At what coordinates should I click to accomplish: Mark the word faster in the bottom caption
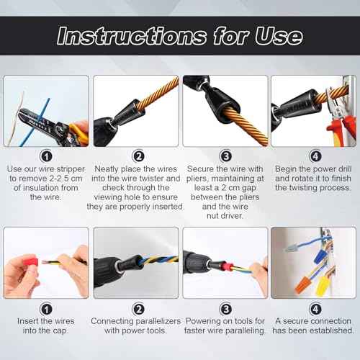click(x=201, y=330)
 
